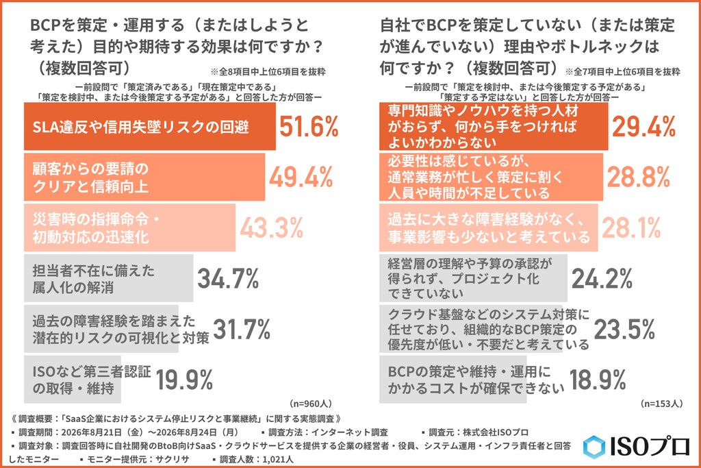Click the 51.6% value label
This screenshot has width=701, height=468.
click(309, 127)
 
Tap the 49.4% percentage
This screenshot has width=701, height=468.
click(301, 177)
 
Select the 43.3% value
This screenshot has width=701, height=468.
click(272, 227)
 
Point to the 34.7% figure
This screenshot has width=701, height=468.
click(228, 278)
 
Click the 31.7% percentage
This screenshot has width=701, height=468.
click(242, 330)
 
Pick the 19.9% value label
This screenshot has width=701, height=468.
click(184, 380)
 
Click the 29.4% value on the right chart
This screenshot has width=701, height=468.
click(643, 127)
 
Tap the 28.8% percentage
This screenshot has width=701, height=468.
click(639, 177)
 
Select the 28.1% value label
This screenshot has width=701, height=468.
click(631, 227)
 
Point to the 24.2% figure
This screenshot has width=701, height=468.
click(602, 278)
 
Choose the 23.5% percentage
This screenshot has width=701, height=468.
click(624, 330)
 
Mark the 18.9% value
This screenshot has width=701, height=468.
click(598, 380)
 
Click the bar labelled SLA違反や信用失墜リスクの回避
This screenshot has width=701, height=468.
click(150, 127)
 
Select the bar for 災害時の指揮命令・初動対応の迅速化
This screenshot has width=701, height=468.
click(129, 227)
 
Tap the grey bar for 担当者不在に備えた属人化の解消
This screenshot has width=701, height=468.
click(109, 278)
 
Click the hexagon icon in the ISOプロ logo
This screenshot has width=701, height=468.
click(594, 447)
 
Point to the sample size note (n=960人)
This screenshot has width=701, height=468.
click(311, 404)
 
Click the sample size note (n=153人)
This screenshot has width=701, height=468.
click(662, 404)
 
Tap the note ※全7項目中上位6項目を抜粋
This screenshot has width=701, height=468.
click(623, 71)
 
